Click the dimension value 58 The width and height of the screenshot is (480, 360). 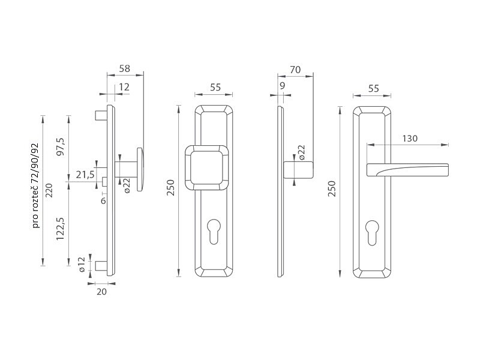click(x=125, y=68)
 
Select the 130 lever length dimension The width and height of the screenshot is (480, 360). click(x=410, y=139)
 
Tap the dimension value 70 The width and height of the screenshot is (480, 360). click(x=295, y=70)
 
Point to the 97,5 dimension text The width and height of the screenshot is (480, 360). click(x=61, y=146)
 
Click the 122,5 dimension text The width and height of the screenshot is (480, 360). click(x=61, y=229)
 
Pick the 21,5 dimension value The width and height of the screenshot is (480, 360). click(x=85, y=175)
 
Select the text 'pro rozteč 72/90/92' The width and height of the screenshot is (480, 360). click(x=36, y=185)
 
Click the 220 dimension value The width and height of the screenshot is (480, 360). click(x=49, y=190)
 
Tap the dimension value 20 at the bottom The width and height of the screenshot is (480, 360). click(x=101, y=292)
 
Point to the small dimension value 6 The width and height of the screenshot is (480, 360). click(x=103, y=201)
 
